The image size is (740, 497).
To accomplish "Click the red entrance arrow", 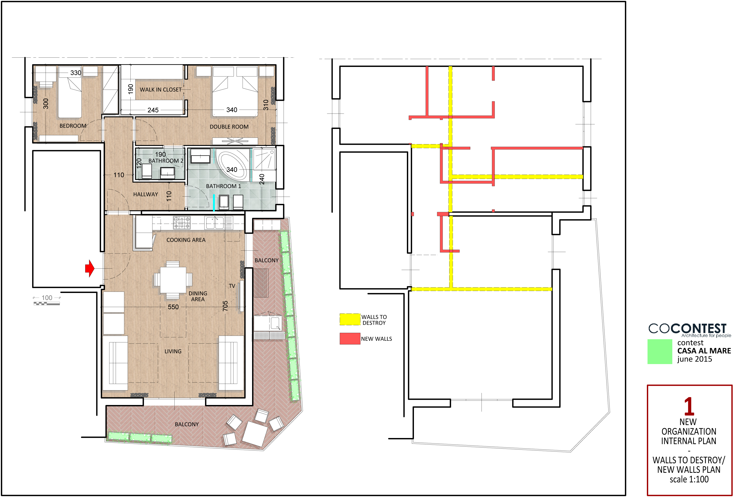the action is point(90,269).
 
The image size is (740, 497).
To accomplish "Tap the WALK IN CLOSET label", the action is point(161,90).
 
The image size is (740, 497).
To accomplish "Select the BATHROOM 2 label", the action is point(166,161).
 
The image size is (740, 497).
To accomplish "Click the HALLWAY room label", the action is point(146,194).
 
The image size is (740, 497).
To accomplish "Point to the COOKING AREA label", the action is point(186,240).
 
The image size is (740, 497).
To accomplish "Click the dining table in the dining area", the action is point(173,280).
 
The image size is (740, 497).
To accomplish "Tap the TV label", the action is point(232,286).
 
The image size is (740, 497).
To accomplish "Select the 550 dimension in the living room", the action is point(173,307).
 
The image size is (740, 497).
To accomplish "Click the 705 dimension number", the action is point(225,306).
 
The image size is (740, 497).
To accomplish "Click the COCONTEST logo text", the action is point(687,328).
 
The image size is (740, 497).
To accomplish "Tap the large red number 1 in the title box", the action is point(689,406).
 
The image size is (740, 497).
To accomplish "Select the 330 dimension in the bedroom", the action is point(76,73).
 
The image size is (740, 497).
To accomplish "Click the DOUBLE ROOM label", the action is point(229,127).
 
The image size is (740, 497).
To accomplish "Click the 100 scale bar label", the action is point(47,298).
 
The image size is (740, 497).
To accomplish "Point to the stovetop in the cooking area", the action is point(182,223).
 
